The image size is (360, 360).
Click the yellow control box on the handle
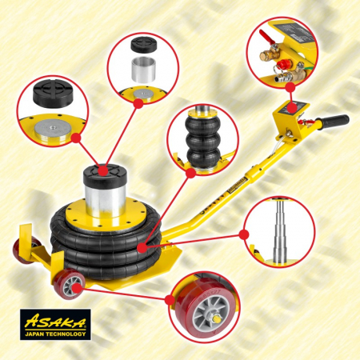pyautogui.click(x=294, y=120)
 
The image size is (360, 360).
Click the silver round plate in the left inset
pyautogui.click(x=54, y=126)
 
